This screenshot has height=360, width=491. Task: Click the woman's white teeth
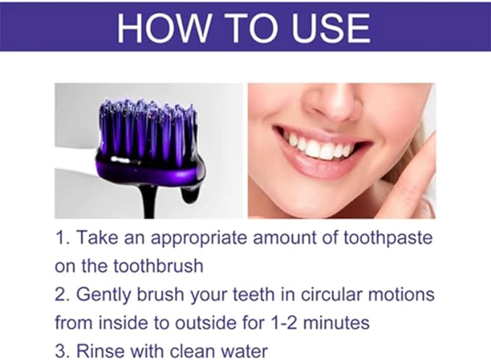tap(319, 148)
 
